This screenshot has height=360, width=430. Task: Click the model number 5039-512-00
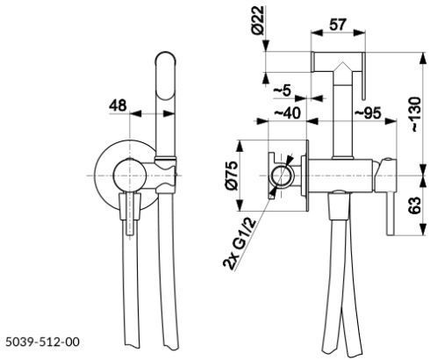pos(43,342)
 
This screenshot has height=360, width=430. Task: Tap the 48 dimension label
pos(118,105)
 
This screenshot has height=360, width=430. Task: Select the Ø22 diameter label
pos(258,20)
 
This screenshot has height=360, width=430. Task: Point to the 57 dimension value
pos(338,25)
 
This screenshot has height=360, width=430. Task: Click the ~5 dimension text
pos(283,90)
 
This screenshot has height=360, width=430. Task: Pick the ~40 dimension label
pos(287,112)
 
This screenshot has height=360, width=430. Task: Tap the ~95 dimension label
pos(368,112)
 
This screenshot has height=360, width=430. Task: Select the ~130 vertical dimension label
pos(415,114)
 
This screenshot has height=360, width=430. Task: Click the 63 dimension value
pos(415,205)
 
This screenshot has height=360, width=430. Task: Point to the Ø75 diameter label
pos(232,175)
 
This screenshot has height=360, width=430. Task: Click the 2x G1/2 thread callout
pos(239,243)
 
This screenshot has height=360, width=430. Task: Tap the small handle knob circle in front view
pos(130,176)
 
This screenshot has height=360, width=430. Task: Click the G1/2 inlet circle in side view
pos(281,176)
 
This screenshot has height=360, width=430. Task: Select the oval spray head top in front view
pos(165,76)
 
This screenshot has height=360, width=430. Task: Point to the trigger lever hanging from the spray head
pos(363,76)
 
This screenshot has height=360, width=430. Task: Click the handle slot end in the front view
pos(130,233)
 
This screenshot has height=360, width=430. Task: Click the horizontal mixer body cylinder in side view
pos(340,176)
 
